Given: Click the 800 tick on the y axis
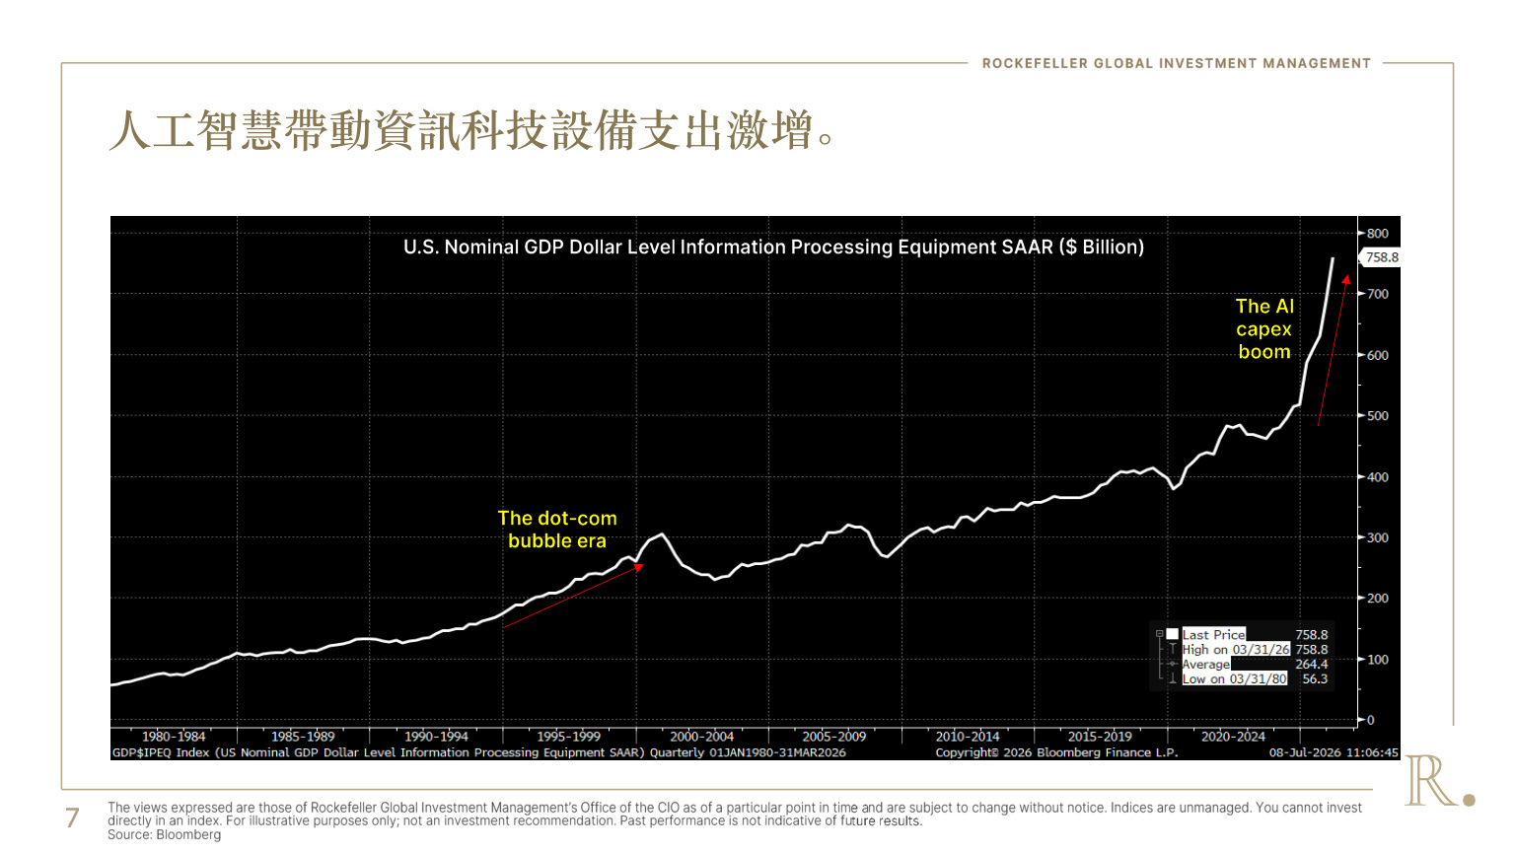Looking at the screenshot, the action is click(1377, 234).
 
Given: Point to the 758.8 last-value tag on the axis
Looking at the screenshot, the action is click(1381, 257).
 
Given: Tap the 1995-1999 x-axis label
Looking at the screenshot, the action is click(568, 737).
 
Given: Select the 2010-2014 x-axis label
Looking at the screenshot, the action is click(968, 737).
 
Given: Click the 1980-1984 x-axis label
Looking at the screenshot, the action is click(174, 737).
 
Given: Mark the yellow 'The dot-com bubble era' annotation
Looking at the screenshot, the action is click(557, 530).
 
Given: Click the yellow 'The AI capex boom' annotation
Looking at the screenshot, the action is click(1264, 329).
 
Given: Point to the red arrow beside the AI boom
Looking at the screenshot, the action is click(1333, 350).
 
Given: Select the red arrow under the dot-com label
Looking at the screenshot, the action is click(573, 596).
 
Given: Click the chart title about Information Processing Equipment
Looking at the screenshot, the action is click(773, 248).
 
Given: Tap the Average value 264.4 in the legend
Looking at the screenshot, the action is click(1312, 664).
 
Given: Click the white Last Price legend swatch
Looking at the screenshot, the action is click(1172, 634).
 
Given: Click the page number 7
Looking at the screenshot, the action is click(72, 818).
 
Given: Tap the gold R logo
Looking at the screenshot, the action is click(1439, 781).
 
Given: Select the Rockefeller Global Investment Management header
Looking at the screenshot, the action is click(1176, 63).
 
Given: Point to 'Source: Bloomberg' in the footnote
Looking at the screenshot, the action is click(165, 835).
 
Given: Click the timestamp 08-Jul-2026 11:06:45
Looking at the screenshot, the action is click(1334, 752).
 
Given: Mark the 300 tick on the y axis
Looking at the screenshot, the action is click(1377, 538).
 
